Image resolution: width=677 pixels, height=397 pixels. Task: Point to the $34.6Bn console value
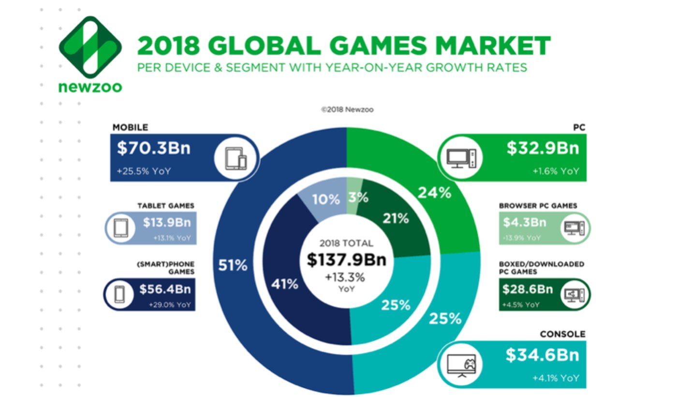pos(542,355)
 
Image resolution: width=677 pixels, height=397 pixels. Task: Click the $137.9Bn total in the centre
pos(347,260)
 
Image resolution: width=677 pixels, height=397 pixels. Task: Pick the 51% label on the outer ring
pos(233,265)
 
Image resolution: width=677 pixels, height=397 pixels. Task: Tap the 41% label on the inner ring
pos(284,284)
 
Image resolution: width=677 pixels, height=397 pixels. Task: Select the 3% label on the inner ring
pos(358,197)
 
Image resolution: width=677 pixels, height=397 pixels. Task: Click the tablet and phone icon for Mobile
pos(236,158)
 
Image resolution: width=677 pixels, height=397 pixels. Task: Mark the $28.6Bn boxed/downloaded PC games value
pos(528,289)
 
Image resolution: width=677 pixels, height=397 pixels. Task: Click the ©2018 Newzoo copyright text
pos(347,110)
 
